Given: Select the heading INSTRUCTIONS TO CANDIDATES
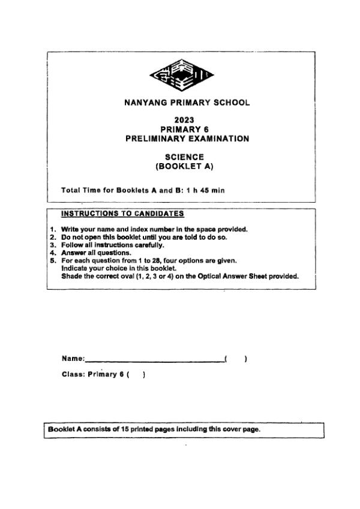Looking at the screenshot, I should click(x=122, y=213).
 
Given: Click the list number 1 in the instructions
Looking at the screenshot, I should click(x=53, y=229).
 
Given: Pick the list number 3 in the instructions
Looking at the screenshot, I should click(x=53, y=245).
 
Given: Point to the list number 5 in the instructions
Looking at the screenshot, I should click(x=53, y=260).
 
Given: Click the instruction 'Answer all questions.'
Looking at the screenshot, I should click(x=88, y=252).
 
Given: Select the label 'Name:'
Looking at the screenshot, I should click(x=73, y=359).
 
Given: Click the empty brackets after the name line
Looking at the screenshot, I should click(x=236, y=359).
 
